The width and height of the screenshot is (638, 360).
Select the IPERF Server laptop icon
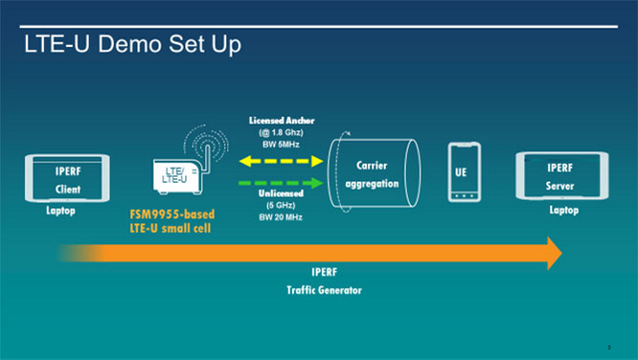563,178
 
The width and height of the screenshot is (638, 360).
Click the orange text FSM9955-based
165,214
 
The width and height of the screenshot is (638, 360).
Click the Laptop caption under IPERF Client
61,211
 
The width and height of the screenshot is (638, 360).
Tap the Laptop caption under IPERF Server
563,211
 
